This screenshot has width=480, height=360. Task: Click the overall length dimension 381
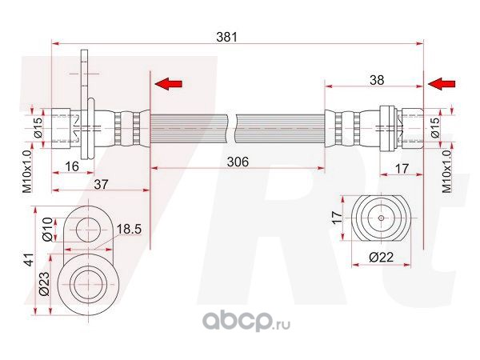click(x=227, y=38)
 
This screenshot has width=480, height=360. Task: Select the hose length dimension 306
click(x=238, y=162)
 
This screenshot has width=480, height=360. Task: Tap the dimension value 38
click(x=377, y=80)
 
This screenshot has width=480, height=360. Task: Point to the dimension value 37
click(x=101, y=184)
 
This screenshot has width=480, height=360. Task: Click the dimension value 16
click(x=72, y=167)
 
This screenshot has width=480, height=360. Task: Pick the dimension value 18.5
click(x=130, y=229)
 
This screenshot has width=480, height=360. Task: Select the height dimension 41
click(x=29, y=259)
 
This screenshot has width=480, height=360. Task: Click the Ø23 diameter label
click(x=45, y=283)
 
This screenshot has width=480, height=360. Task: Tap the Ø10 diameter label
click(x=48, y=230)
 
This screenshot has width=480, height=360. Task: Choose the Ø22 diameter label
click(x=381, y=257)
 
